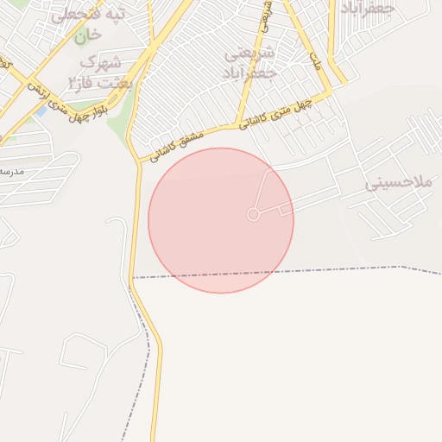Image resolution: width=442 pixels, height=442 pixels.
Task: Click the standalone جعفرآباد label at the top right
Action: pos(368,8)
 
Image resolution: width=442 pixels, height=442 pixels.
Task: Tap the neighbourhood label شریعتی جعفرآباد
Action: pos(249,63)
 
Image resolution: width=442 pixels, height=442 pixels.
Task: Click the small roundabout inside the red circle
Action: pos(253,214)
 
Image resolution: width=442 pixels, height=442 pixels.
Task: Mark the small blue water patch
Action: pos(41,111)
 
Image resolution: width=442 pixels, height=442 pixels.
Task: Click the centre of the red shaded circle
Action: pos(221,220)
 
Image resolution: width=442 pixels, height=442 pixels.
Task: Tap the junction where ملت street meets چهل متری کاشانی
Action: pos(329,92)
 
